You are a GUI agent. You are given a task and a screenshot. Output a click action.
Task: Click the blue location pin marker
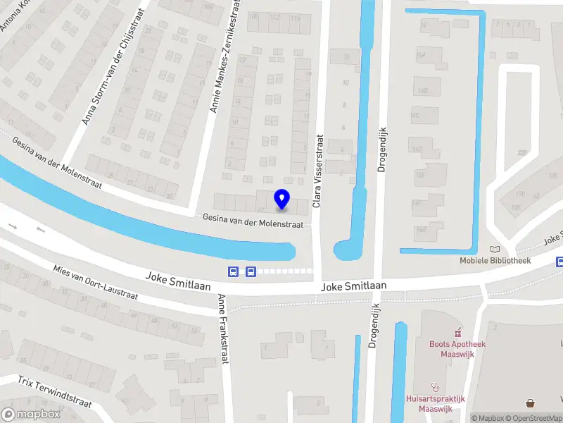click(x=282, y=199)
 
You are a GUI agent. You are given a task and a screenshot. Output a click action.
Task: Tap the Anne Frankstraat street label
click(x=224, y=329)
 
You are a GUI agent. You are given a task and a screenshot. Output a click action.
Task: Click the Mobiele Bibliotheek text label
click(x=495, y=260)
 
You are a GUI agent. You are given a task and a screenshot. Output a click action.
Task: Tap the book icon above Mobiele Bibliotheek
click(x=495, y=249)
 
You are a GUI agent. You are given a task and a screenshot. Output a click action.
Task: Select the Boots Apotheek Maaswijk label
click(x=457, y=348)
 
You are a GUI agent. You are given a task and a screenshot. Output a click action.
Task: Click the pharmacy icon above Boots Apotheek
click(x=457, y=331)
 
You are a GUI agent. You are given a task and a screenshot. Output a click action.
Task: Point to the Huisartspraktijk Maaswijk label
click(x=436, y=403)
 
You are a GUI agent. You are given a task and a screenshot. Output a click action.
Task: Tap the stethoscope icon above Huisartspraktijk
click(x=436, y=387)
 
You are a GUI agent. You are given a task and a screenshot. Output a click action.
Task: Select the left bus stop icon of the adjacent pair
click(x=233, y=271)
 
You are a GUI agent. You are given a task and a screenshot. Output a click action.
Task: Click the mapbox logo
click(x=31, y=415)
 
